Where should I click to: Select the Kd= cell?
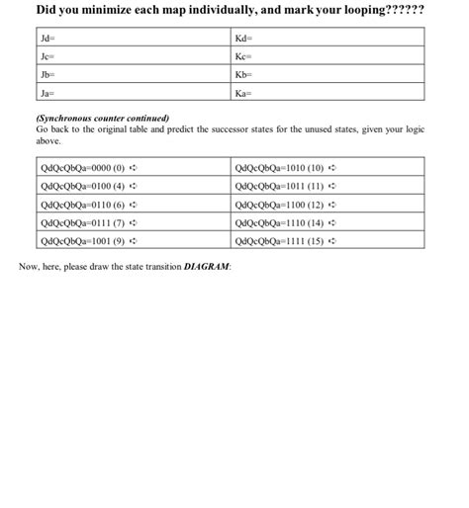click(327, 38)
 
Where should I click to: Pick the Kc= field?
click(327, 56)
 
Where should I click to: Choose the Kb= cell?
click(327, 75)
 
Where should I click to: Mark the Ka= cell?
click(327, 94)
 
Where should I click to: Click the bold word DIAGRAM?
click(207, 267)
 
